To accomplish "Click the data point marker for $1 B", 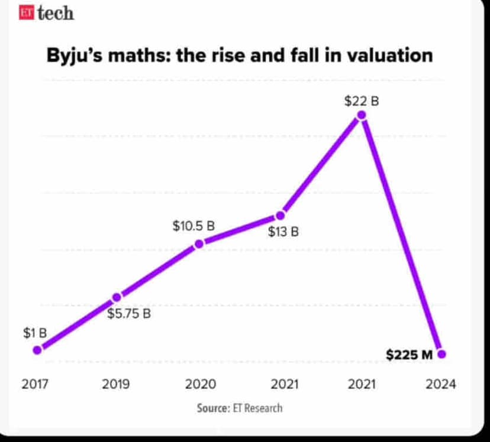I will coord(37,350).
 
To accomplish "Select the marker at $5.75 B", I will coord(117,297).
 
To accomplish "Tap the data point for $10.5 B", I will coord(199,243).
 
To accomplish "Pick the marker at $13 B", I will coord(281,216).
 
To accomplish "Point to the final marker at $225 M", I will coord(441,355).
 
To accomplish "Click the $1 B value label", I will coord(35,333).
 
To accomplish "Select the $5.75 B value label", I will coord(129,314).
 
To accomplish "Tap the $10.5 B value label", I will coord(194,226).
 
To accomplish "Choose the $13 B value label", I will coord(283,232).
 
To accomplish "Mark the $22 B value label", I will coord(362,101).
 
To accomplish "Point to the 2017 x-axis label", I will coord(35,384).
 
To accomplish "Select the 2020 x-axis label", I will coord(200,384).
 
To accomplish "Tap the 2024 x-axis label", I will coord(441,384).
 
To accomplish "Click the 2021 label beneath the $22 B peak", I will coord(362,384).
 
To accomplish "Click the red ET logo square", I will coord(25,14).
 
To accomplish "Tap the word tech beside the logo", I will coord(55,14).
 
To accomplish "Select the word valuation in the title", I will coord(389,56).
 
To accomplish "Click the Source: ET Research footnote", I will coord(240,408).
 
